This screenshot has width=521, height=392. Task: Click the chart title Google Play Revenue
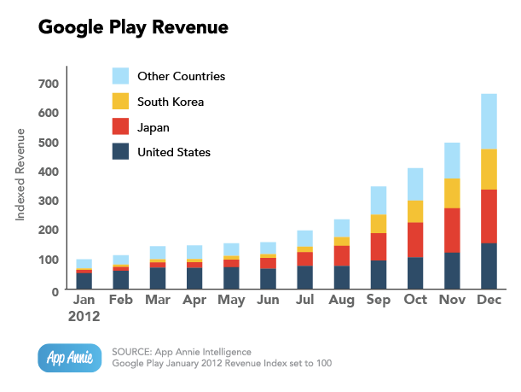[133, 27]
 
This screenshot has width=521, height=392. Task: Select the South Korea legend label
[171, 102]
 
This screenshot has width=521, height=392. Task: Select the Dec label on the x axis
[489, 301]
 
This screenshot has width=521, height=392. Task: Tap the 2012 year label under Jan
[84, 316]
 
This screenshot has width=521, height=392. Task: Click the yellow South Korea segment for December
[489, 169]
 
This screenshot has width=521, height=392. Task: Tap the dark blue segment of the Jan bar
[84, 280]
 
